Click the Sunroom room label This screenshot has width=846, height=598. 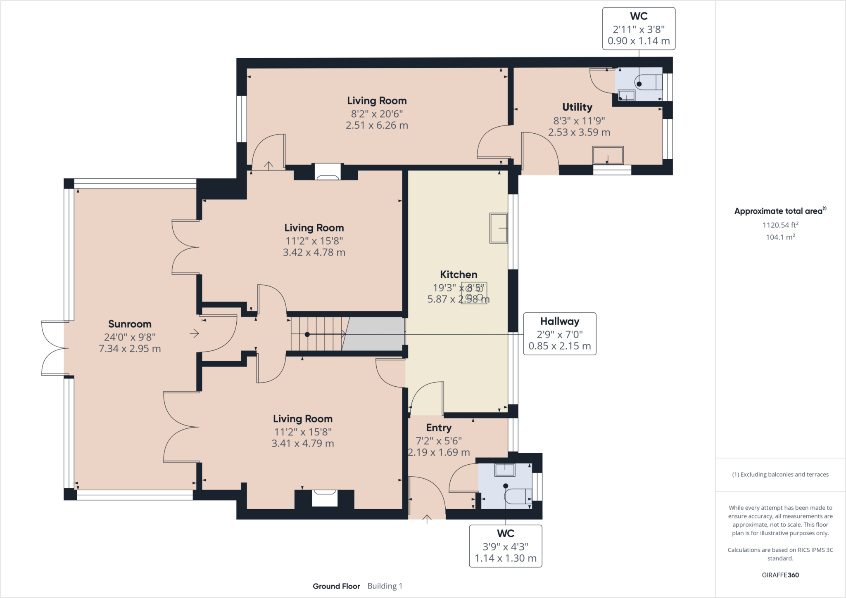[130, 324]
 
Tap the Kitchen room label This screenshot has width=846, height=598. [459, 274]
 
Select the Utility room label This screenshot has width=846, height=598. [577, 107]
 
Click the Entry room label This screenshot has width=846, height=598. [439, 428]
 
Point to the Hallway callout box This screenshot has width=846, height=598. [560, 333]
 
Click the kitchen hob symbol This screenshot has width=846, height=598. [474, 293]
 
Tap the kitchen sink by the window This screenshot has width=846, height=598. [498, 228]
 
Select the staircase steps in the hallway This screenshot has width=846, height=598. [318, 334]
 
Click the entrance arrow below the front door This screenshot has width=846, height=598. [427, 519]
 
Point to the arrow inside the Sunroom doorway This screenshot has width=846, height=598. [195, 333]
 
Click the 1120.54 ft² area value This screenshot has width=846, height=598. [780, 225]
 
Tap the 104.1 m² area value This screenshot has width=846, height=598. [780, 237]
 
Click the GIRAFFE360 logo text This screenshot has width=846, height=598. [780, 575]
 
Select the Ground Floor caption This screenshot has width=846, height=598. [336, 586]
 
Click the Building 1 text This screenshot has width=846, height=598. [385, 586]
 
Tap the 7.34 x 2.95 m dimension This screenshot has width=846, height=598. [130, 349]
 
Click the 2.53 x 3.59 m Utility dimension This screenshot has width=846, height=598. [579, 132]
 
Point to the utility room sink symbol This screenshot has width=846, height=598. [608, 156]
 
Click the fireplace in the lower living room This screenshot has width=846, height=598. [325, 497]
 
